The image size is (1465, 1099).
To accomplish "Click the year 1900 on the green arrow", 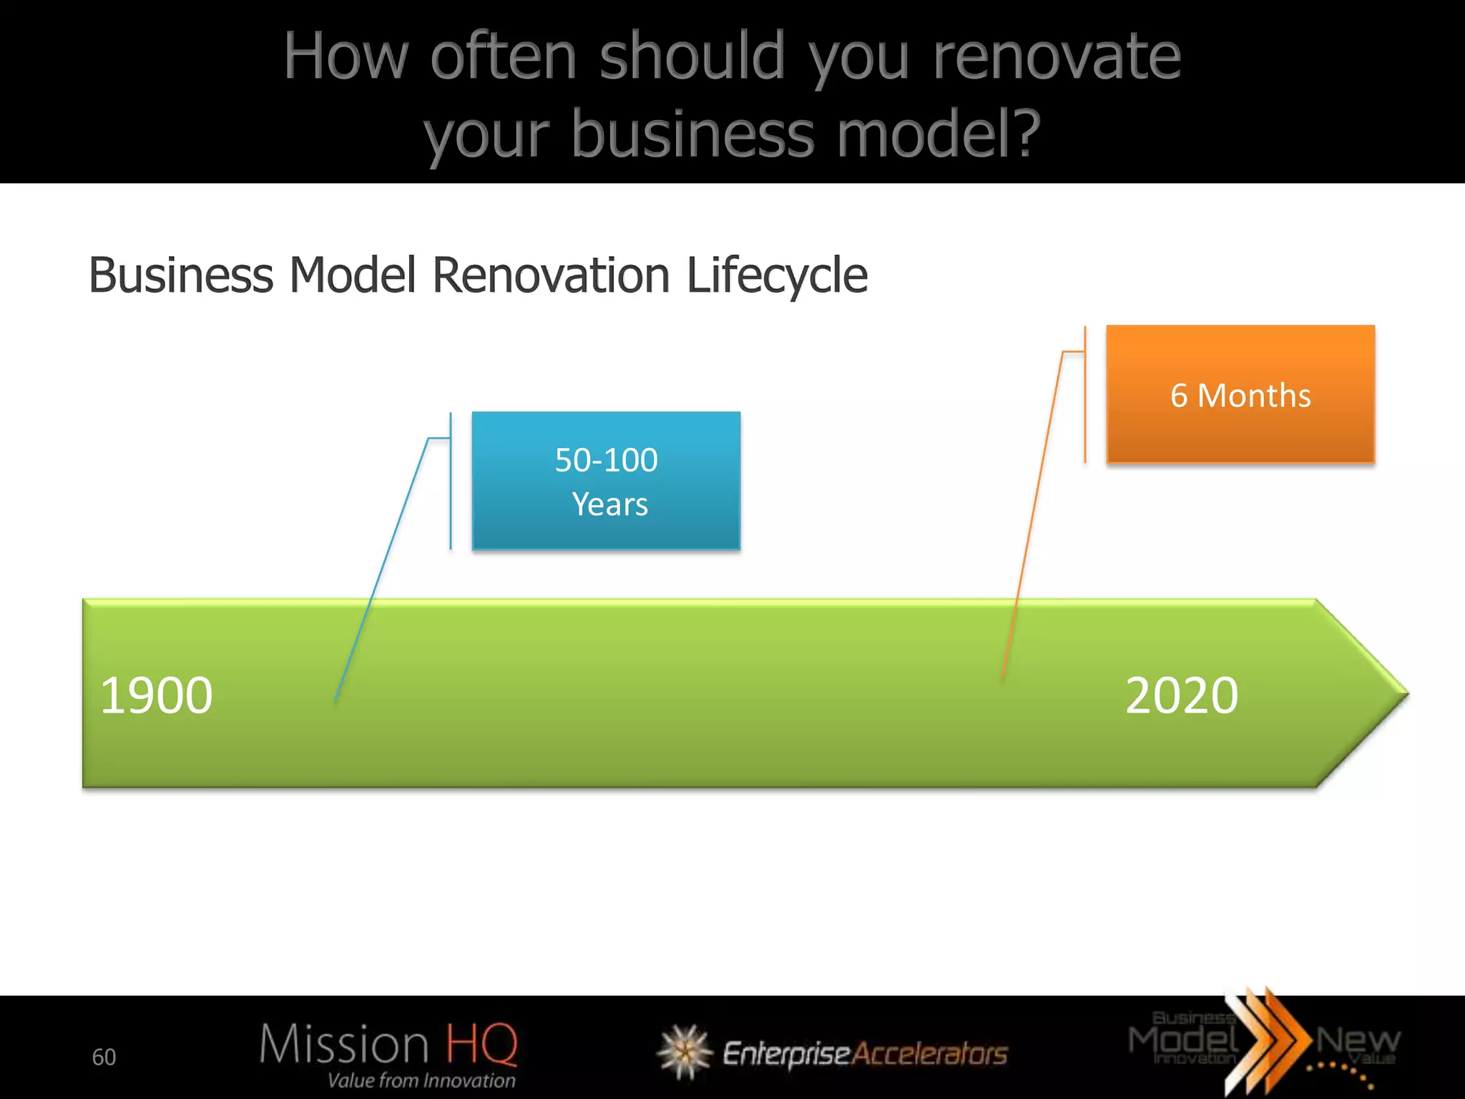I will (x=157, y=695).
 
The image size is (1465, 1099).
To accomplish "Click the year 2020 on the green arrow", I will (x=1181, y=695).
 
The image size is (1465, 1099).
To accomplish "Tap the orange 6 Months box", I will (x=1240, y=394).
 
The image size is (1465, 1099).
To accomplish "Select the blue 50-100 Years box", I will (x=606, y=481).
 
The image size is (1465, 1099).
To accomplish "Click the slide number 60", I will (x=104, y=1057).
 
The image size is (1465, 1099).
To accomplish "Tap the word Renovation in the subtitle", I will (x=551, y=275).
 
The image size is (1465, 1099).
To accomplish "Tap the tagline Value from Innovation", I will (x=421, y=1080).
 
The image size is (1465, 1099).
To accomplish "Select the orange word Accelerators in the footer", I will (x=930, y=1054).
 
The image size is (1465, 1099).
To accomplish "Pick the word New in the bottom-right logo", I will (x=1357, y=1040).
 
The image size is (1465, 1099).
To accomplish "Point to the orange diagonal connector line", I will (x=1032, y=515).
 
